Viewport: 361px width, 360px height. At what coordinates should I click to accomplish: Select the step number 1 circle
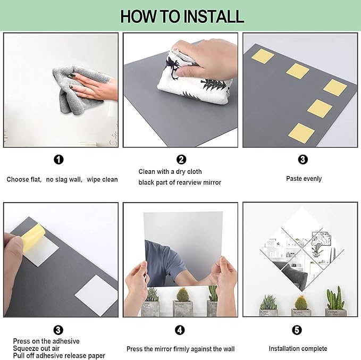coord(58,160)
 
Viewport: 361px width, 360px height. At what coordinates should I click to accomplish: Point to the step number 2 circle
coord(181,160)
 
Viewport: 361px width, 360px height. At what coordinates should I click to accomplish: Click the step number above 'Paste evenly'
coord(303,160)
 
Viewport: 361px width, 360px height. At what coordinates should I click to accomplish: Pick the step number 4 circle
coord(180,330)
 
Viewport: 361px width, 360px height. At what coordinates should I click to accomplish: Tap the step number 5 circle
coord(297,330)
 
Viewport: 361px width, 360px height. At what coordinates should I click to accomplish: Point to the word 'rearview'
coord(191,182)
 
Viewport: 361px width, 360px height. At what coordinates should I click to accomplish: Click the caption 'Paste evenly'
coord(304,179)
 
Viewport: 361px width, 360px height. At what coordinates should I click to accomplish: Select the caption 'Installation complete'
coord(298,349)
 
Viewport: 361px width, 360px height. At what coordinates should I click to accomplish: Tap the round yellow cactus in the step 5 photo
coord(301,303)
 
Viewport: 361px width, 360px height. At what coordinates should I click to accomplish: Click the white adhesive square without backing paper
coord(97,295)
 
